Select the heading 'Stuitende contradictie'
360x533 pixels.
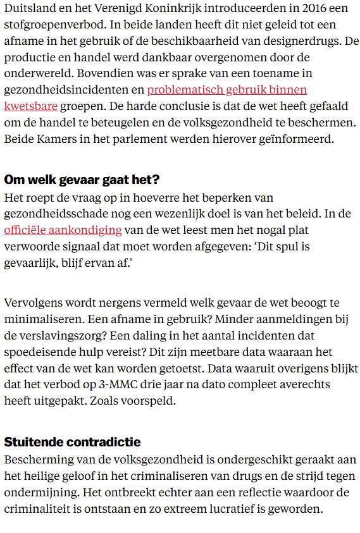[72, 442]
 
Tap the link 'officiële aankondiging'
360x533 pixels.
[63, 229]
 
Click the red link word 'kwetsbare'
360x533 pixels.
[30, 105]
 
